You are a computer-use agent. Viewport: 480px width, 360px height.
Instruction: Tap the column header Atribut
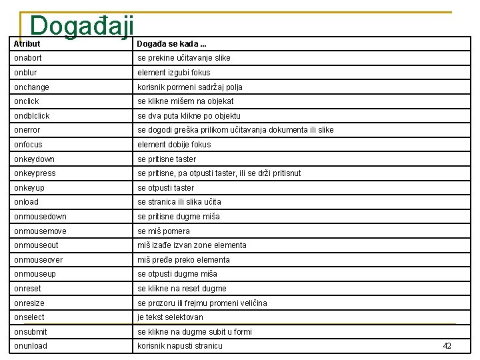pyautogui.click(x=27, y=44)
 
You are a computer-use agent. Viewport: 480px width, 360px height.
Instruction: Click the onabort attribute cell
pyautogui.click(x=28, y=58)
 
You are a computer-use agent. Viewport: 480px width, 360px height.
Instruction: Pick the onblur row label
pyautogui.click(x=25, y=73)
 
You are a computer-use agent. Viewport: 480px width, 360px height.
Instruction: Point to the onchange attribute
pyautogui.click(x=31, y=87)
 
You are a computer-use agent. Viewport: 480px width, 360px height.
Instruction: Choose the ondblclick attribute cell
pyautogui.click(x=32, y=116)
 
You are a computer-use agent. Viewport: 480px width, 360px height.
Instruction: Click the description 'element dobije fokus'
pyautogui.click(x=174, y=145)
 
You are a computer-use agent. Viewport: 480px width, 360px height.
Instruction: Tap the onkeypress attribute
pyautogui.click(x=35, y=173)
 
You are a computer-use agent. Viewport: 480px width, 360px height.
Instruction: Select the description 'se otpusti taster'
pyautogui.click(x=166, y=188)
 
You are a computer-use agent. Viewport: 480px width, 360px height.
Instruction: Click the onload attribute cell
pyautogui.click(x=27, y=202)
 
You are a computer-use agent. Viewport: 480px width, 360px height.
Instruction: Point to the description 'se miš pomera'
pyautogui.click(x=163, y=231)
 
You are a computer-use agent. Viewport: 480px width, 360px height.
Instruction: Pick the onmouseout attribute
pyautogui.click(x=36, y=245)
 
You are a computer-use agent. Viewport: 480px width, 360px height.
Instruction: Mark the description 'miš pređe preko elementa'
pyautogui.click(x=183, y=260)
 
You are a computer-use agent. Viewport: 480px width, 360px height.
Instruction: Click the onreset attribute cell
pyautogui.click(x=27, y=289)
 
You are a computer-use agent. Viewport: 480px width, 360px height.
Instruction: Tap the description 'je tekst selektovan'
pyautogui.click(x=170, y=317)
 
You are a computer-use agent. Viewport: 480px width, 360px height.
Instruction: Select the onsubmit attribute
pyautogui.click(x=31, y=332)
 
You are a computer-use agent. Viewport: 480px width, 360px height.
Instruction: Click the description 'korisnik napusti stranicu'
pyautogui.click(x=180, y=346)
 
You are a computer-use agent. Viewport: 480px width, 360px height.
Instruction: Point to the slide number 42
pyautogui.click(x=447, y=345)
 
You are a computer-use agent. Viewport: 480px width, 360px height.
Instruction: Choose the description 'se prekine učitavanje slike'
pyautogui.click(x=184, y=58)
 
